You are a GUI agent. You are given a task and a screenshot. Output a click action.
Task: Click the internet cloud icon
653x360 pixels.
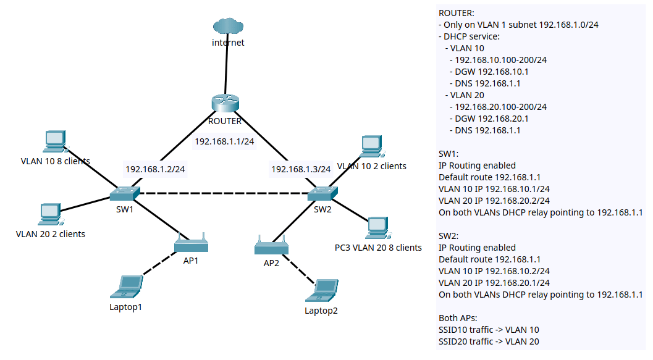[228, 27]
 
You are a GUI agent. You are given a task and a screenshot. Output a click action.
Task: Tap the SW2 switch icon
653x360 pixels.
[322, 194]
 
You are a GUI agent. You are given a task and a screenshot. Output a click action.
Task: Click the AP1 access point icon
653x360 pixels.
[191, 244]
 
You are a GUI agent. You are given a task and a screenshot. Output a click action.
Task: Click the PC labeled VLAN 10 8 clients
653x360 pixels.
[54, 141]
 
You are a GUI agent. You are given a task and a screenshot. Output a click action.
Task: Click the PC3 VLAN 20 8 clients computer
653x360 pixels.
[376, 228]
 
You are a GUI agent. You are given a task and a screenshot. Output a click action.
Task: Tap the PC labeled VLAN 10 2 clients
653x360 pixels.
[371, 145]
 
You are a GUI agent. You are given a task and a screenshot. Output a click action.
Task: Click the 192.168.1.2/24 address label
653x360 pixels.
[155, 169]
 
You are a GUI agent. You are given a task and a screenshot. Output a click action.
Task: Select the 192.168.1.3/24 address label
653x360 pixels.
[301, 169]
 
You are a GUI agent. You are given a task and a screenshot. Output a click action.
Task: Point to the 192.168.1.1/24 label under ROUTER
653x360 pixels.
[224, 141]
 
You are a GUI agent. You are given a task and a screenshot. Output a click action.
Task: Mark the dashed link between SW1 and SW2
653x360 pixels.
[222, 194]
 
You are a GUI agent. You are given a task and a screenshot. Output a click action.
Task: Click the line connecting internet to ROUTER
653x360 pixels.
[227, 68]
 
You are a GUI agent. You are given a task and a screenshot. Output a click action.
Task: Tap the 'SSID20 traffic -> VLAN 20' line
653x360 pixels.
[488, 341]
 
